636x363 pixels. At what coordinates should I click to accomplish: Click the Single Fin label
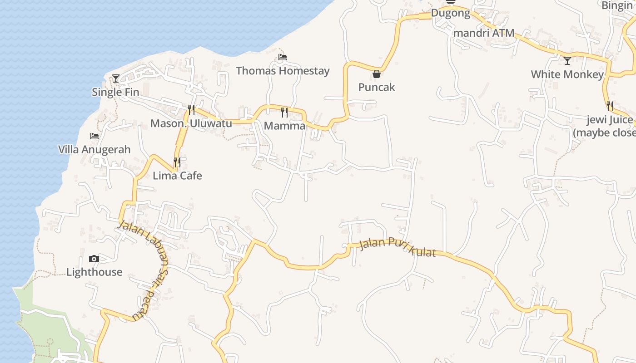coord(115,92)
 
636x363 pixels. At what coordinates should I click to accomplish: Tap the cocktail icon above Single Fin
coord(116,78)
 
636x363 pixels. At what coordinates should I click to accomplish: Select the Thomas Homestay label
coord(283,71)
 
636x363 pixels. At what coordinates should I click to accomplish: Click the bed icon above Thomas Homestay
coord(283,57)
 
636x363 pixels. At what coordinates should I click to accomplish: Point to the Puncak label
coord(377,87)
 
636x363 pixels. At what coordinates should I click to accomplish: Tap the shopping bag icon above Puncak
coord(377,74)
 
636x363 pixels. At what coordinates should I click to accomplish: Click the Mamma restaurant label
coord(284,126)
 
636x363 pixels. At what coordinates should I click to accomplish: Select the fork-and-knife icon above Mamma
coord(284,112)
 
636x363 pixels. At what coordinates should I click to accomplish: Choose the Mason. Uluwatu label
coord(191,123)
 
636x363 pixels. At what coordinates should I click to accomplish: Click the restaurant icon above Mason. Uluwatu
coord(191,110)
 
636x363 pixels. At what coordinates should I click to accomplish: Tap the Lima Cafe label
coord(177,176)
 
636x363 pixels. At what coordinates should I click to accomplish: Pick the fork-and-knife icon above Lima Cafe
coord(177,162)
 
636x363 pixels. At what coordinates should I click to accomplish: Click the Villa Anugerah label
coord(94,149)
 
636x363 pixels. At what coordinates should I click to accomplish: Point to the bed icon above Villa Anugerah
coord(94,136)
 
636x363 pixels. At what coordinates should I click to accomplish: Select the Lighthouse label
coord(94,272)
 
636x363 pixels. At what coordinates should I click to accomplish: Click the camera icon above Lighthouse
coord(94,259)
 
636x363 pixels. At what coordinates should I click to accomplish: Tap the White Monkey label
coord(567,74)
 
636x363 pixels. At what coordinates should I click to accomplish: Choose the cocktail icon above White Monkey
coord(567,60)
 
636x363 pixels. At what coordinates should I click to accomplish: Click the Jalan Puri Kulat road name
coord(397,247)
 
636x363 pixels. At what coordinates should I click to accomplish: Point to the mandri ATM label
coord(484,33)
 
